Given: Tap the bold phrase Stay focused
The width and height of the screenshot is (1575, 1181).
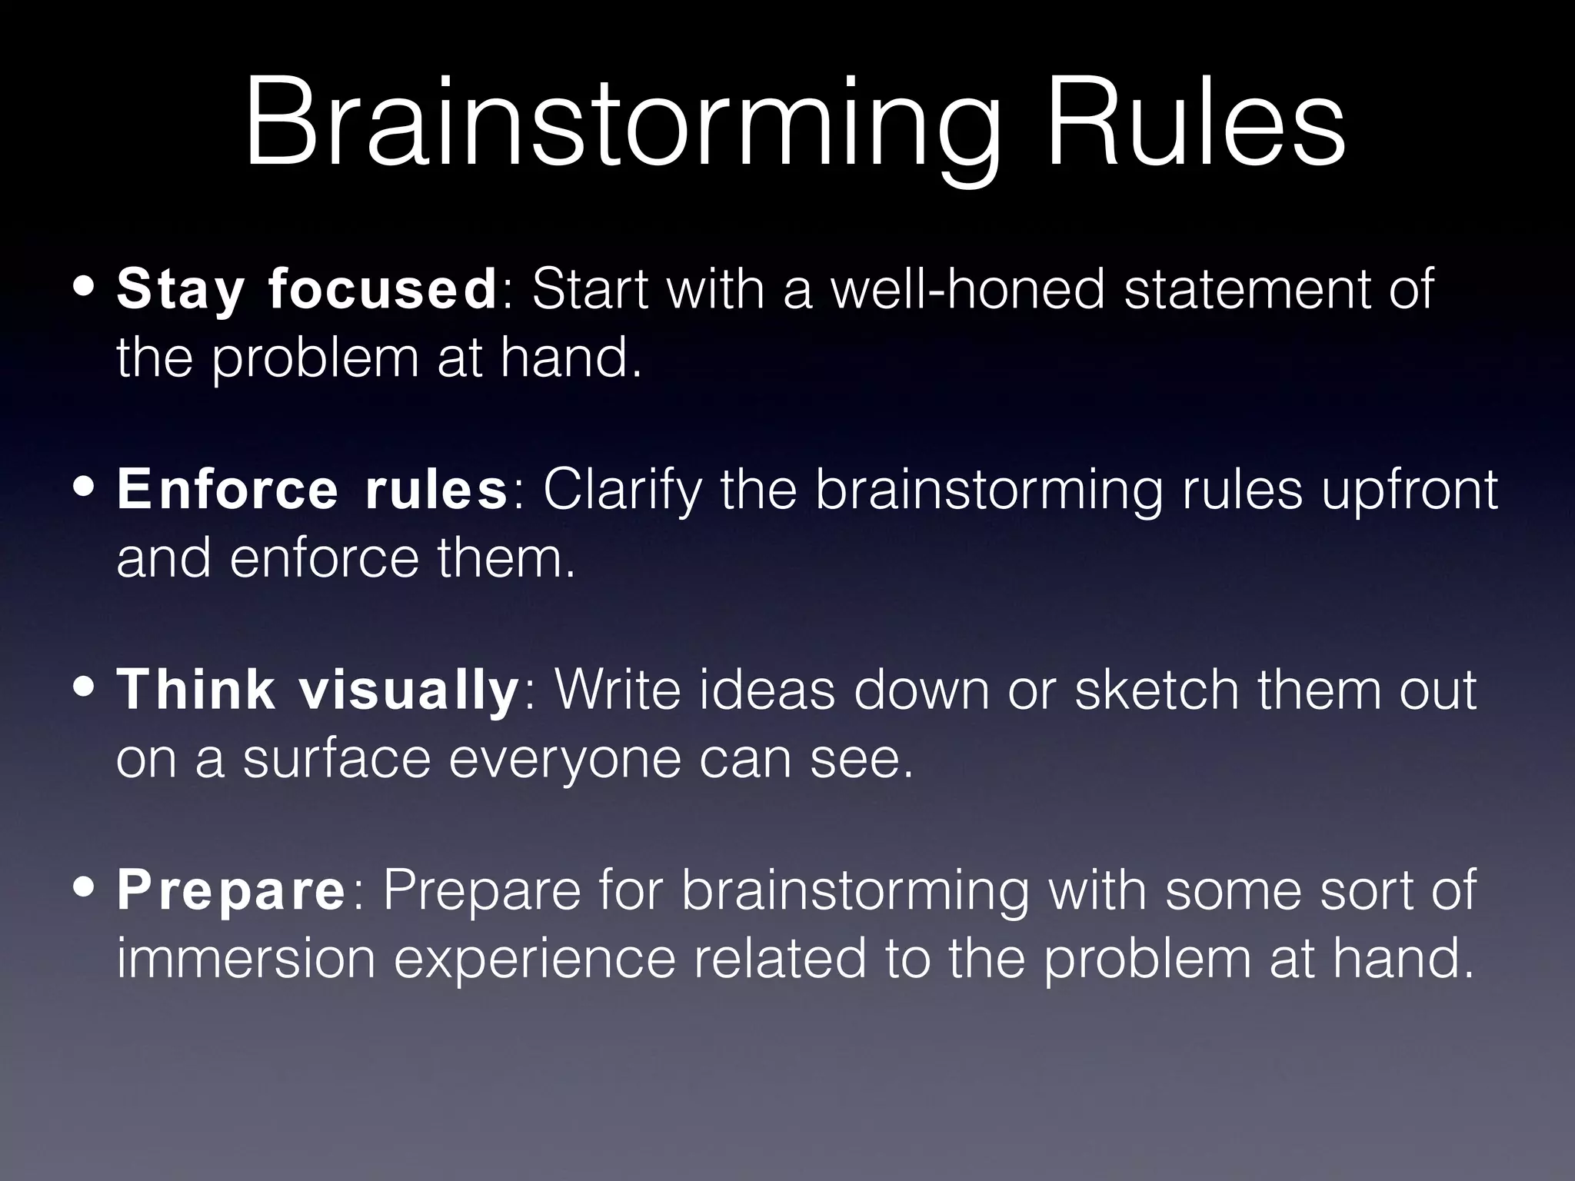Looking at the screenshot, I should pyautogui.click(x=307, y=290).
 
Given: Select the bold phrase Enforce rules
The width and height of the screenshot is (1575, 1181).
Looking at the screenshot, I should pyautogui.click(x=312, y=490).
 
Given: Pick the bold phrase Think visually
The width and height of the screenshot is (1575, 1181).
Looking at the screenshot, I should pyautogui.click(x=318, y=690).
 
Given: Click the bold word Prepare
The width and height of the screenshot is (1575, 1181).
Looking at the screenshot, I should pyautogui.click(x=231, y=890).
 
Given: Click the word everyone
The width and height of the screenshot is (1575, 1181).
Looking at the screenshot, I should pyautogui.click(x=564, y=759).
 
